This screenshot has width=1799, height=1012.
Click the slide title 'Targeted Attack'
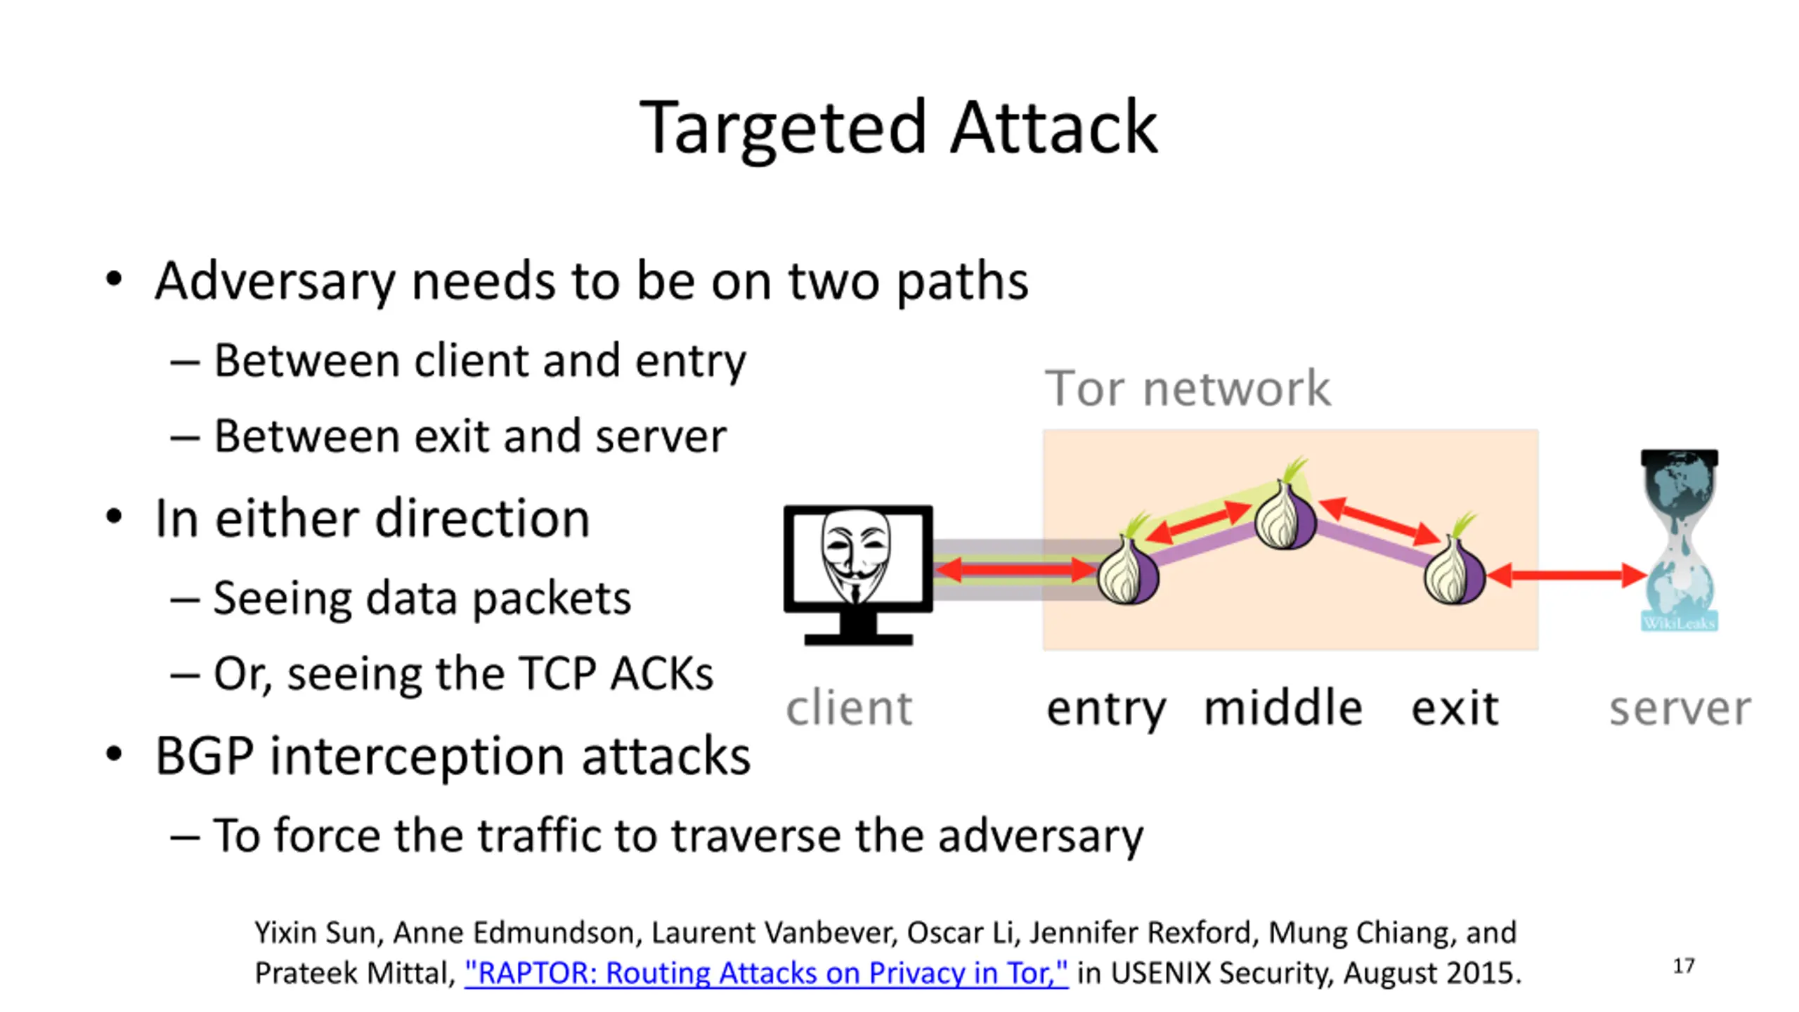tap(899, 128)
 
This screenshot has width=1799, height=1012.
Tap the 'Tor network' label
tap(1188, 388)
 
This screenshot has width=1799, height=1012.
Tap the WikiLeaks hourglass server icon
tap(1680, 540)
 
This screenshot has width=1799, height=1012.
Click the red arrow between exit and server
tap(1566, 575)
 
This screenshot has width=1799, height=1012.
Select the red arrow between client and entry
tap(1015, 569)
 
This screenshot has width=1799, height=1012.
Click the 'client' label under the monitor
tap(849, 708)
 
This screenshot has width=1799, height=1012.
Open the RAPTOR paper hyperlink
tap(766, 973)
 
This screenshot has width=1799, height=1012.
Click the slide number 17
tap(1684, 966)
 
